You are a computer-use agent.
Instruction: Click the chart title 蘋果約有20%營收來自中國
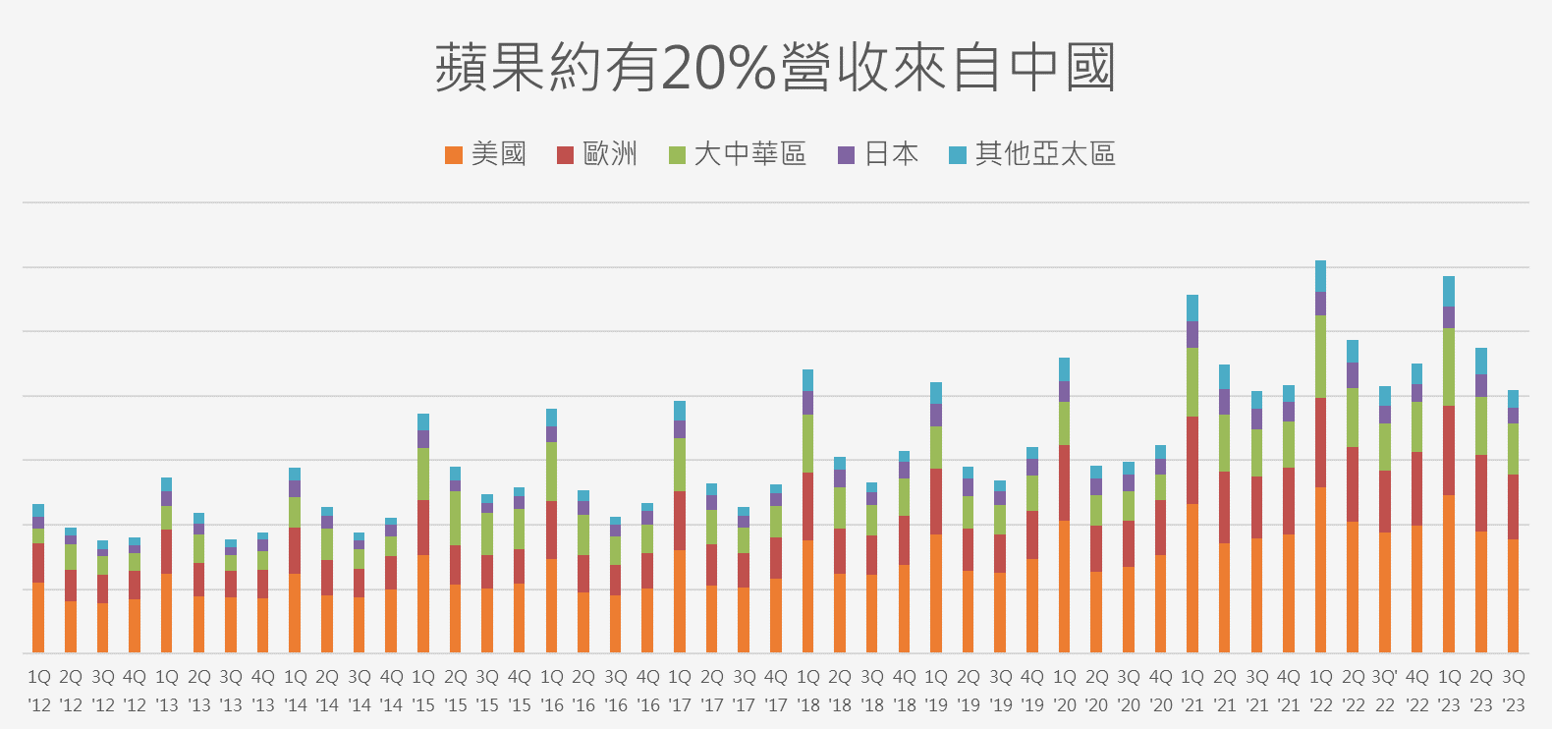point(775,68)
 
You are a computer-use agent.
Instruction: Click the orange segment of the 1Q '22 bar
point(1320,570)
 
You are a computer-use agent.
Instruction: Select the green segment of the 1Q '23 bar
point(1449,366)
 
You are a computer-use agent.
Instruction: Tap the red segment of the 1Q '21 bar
point(1192,460)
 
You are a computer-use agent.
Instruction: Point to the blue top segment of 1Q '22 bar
point(1320,276)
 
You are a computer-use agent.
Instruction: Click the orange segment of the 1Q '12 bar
point(38,617)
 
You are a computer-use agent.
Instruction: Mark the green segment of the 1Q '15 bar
point(423,474)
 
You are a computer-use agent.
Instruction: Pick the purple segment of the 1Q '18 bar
point(807,403)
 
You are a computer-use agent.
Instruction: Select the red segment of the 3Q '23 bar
point(1513,506)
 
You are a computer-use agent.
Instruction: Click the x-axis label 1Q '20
point(1065,691)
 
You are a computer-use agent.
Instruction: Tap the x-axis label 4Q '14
point(391,691)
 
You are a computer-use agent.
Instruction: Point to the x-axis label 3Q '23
point(1514,691)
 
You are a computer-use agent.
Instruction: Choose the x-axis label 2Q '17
point(712,691)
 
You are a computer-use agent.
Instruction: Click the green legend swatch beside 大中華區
point(677,155)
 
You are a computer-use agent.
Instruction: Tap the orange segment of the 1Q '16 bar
point(551,605)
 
